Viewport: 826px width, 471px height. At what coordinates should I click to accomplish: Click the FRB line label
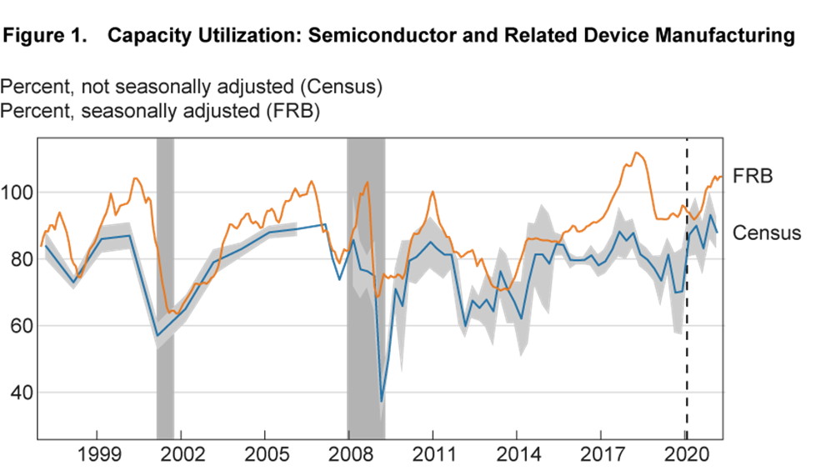752,176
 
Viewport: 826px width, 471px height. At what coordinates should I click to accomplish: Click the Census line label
767,233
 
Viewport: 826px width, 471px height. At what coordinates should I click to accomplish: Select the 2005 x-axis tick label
264,456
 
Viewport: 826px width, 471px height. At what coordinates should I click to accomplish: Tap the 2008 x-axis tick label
348,456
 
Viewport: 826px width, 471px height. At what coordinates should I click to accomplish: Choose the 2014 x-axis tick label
517,456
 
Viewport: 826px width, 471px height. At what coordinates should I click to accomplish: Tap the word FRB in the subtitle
299,111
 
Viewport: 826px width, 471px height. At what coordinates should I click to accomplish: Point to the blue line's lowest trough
382,401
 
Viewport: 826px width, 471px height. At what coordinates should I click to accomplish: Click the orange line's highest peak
637,152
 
